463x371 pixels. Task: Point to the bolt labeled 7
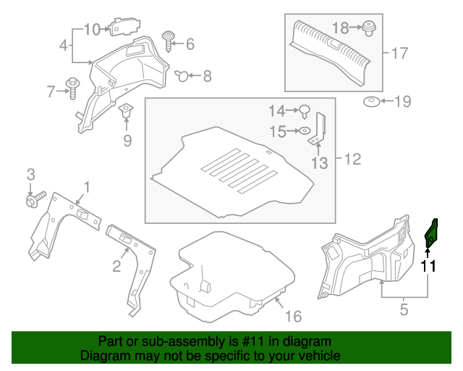(73, 89)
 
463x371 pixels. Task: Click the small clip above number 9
(127, 113)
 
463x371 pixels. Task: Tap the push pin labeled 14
(305, 112)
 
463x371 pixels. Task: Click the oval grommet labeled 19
(371, 101)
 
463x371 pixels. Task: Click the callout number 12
(351, 159)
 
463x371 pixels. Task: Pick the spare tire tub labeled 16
(231, 275)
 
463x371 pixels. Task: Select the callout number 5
(403, 309)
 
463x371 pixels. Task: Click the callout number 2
(116, 267)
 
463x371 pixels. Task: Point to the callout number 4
(64, 46)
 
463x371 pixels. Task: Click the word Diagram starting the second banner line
(104, 357)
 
